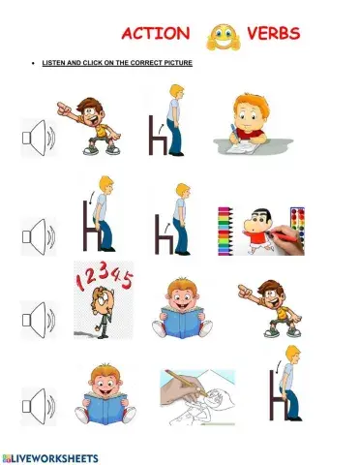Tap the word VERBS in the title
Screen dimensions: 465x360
274,34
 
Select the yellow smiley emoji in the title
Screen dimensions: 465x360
222,37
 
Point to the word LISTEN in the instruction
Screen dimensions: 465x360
53,63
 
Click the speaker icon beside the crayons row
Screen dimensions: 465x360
40,233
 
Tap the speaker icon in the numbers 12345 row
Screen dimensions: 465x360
40,319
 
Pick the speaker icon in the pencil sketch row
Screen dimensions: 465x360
40,404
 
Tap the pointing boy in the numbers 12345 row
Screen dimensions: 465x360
269,306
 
